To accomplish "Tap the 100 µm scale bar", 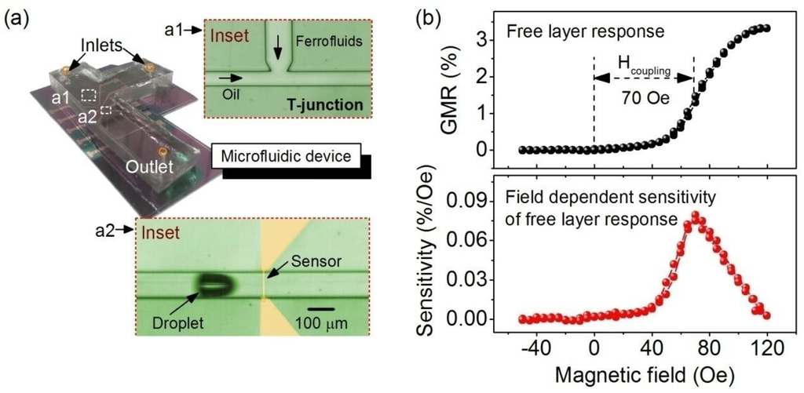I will [318, 307].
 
